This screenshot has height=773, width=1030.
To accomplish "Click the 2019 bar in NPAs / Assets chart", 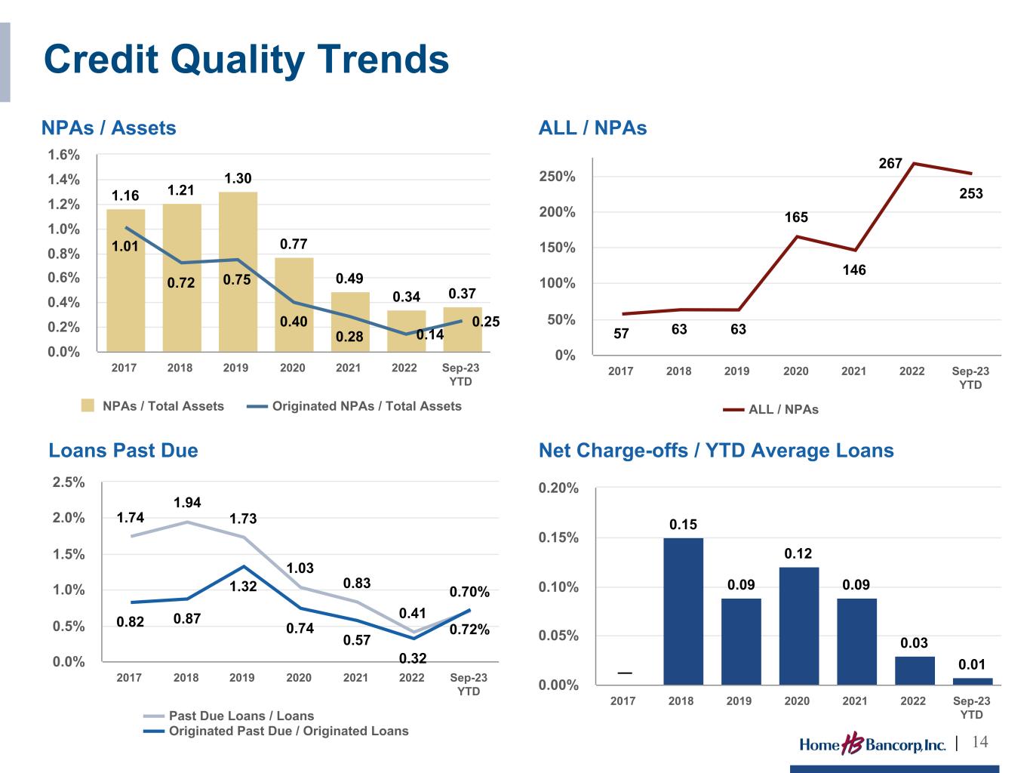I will click(238, 272).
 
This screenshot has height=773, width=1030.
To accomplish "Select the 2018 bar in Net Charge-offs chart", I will click(683, 611).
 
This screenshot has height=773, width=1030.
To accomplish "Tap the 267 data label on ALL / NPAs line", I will click(890, 163).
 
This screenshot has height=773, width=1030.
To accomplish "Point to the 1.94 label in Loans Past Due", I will click(187, 503).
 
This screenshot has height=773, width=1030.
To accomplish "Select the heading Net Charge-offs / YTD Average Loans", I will click(716, 451).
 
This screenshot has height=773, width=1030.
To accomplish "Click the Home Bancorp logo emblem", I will click(853, 744).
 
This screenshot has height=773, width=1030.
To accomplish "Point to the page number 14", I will click(979, 742).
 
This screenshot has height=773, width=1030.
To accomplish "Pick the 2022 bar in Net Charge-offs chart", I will click(915, 670).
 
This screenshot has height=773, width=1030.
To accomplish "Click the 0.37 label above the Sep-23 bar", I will click(462, 293).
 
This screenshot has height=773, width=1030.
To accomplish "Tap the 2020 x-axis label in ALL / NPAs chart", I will click(795, 371).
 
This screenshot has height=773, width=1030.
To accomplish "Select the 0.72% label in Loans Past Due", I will click(469, 629).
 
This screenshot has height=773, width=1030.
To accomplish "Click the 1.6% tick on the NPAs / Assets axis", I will click(64, 155).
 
